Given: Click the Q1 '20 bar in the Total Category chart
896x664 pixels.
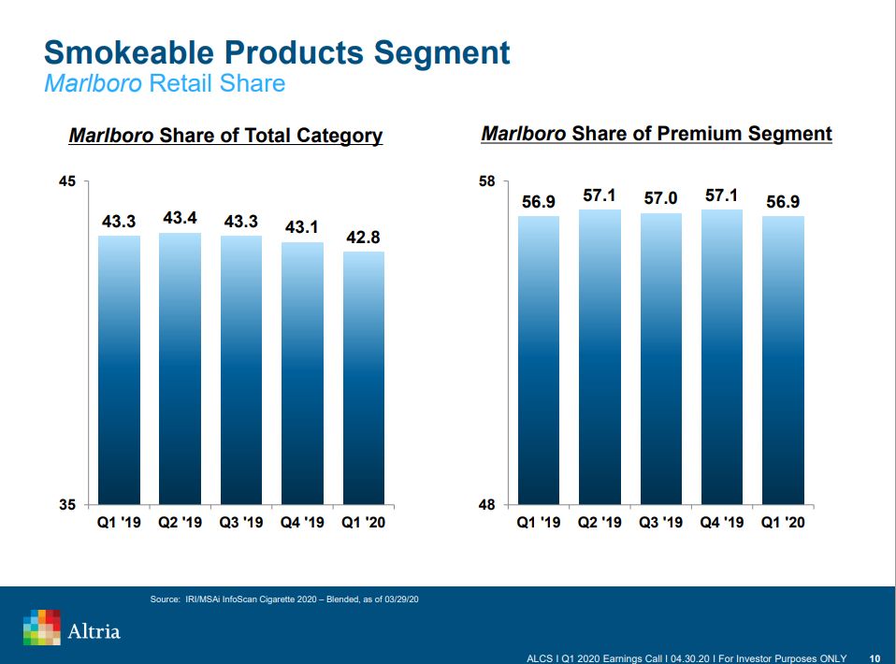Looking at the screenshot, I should pyautogui.click(x=364, y=378).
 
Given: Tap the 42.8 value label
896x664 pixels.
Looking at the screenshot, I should pyautogui.click(x=363, y=237).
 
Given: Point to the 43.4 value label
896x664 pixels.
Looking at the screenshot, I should pyautogui.click(x=180, y=218).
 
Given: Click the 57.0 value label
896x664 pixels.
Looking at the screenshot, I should pyautogui.click(x=661, y=198).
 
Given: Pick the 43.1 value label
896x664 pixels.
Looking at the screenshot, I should pyautogui.click(x=302, y=227).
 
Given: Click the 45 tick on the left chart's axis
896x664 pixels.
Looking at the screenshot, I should pyautogui.click(x=66, y=180).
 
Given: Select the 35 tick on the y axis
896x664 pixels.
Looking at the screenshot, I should pyautogui.click(x=66, y=505).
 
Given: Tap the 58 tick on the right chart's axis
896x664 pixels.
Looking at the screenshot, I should pyautogui.click(x=487, y=180).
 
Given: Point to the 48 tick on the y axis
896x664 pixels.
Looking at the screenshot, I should pyautogui.click(x=487, y=505).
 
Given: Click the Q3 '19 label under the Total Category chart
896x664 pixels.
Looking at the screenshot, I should pyautogui.click(x=241, y=522).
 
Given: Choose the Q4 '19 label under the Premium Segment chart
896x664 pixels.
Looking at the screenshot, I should pyautogui.click(x=722, y=522).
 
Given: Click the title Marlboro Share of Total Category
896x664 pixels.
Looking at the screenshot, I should pyautogui.click(x=225, y=136).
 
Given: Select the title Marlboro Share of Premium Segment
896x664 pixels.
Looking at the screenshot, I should pyautogui.click(x=656, y=134).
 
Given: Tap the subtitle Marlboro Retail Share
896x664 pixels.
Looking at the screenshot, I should pyautogui.click(x=165, y=83).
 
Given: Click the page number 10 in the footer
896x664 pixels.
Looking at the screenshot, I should pyautogui.click(x=874, y=657).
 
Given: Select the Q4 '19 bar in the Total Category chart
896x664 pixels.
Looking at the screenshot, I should pyautogui.click(x=302, y=373).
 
